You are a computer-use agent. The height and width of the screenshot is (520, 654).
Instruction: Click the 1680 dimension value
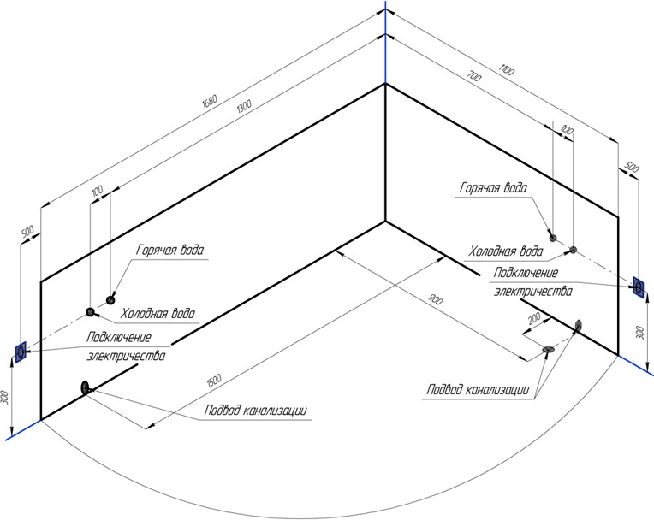coord(210,101)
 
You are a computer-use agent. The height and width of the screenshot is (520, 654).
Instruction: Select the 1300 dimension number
coord(244,106)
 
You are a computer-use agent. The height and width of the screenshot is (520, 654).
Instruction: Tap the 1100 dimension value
coord(507,70)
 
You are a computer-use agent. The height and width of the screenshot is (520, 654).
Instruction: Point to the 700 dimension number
coord(474,77)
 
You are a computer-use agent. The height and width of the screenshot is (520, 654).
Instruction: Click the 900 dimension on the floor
coord(436,299)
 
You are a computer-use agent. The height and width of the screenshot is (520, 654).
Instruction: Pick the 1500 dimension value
coord(213,380)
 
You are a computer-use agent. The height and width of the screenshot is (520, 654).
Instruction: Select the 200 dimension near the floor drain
coord(534,319)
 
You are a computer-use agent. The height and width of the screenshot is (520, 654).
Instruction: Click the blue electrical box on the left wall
coord(21,352)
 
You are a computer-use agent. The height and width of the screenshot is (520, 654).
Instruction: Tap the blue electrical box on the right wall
coord(638,287)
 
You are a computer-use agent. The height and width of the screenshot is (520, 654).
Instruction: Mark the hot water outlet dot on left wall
coord(110,299)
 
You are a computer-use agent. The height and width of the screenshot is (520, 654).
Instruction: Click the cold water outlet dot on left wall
coord(90,311)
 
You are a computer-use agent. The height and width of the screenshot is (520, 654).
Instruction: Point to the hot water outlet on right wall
coord(553,238)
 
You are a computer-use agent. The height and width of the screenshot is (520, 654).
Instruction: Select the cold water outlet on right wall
coord(574,250)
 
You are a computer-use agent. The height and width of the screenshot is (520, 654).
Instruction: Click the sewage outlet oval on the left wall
coord(85,387)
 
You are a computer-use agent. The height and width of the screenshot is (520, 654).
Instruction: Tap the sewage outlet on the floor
coord(548,349)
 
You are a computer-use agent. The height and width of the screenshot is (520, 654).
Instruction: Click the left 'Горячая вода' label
coord(170,250)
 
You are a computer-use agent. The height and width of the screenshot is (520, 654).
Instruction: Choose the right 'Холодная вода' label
coord(506,251)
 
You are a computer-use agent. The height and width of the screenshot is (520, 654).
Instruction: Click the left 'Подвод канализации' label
coord(256,411)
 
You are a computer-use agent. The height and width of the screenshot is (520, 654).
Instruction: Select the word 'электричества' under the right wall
coord(533,291)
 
